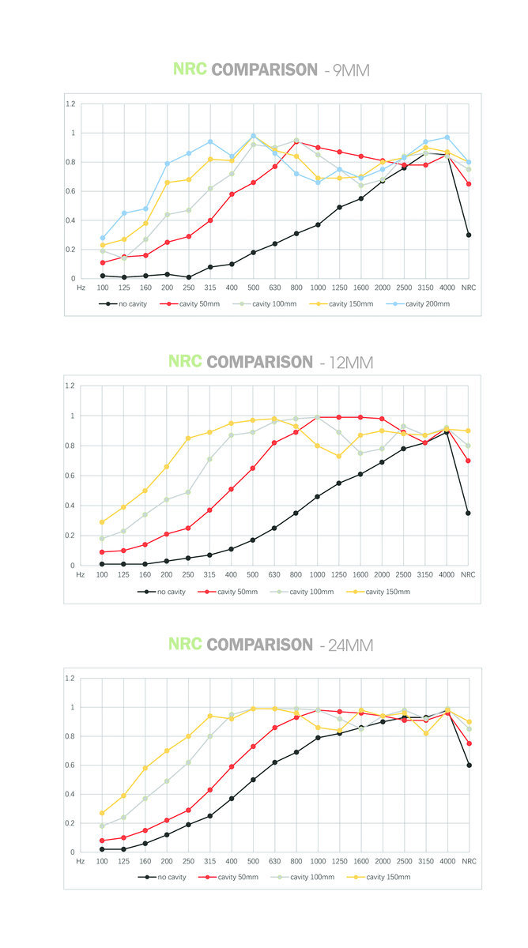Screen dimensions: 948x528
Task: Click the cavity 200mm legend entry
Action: (x=424, y=303)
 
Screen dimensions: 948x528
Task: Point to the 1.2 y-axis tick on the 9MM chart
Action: (x=71, y=104)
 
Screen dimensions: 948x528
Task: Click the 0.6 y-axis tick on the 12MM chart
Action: (x=71, y=476)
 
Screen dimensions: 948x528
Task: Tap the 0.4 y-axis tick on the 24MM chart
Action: (x=71, y=794)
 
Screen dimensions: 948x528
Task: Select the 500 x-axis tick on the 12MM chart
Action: (x=253, y=575)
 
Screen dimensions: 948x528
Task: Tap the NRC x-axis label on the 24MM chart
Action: (x=469, y=862)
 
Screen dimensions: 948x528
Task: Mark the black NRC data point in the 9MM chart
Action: (x=469, y=235)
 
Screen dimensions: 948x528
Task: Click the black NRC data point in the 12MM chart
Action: (x=469, y=513)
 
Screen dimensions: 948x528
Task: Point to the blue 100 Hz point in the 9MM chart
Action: (x=103, y=238)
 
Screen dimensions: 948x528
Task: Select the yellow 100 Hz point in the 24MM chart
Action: (x=103, y=813)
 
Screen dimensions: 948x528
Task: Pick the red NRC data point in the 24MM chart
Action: (x=469, y=743)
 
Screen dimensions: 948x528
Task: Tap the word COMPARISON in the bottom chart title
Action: (x=260, y=645)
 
